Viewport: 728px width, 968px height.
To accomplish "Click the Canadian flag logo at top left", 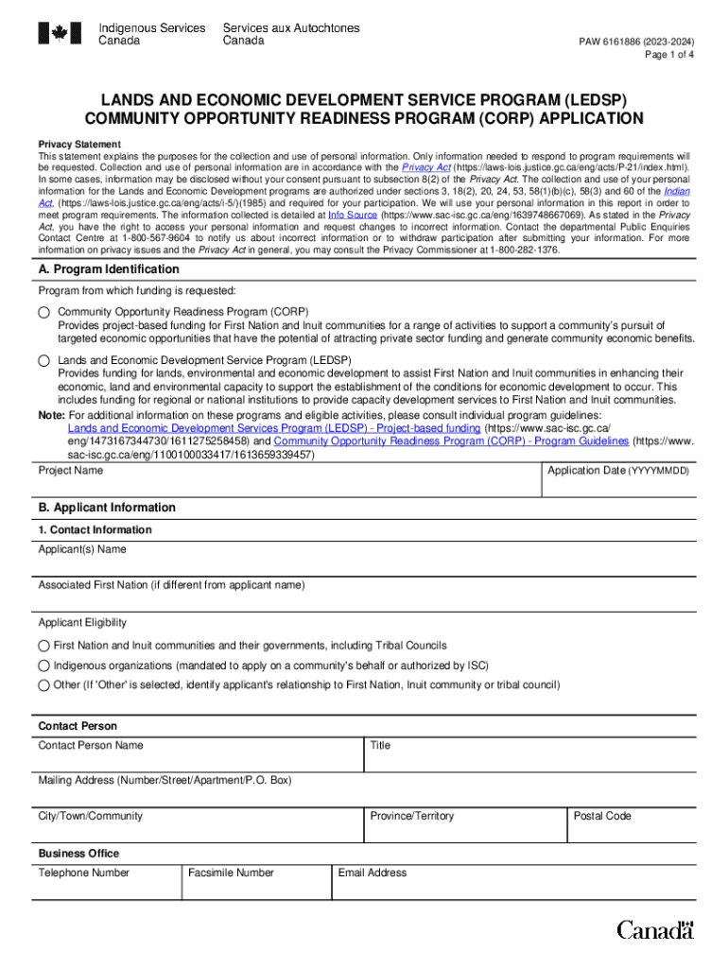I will (x=61, y=34).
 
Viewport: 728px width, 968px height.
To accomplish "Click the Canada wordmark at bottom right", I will (x=655, y=930).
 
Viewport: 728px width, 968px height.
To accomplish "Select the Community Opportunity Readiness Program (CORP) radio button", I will (x=44, y=312).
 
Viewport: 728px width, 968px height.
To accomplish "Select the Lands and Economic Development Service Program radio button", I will (x=44, y=361).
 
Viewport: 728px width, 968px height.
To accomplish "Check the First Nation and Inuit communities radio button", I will (x=43, y=646).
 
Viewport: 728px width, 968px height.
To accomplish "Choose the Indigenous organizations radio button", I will (x=43, y=665).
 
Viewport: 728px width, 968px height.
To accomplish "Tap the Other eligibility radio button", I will (x=43, y=685).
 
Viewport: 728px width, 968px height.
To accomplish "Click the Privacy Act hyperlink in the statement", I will (x=425, y=167).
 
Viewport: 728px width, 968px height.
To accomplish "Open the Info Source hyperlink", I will (x=353, y=215).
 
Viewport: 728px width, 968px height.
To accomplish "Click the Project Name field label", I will (x=71, y=471).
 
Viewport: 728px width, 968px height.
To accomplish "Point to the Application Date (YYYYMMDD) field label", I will (x=618, y=471).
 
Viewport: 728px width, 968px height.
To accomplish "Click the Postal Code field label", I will (x=602, y=816).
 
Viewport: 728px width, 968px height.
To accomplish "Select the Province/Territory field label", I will (x=411, y=816).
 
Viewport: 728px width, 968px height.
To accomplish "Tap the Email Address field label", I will (x=373, y=873).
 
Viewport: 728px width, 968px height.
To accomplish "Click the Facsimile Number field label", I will (x=231, y=873).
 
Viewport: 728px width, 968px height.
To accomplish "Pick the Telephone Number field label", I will (x=83, y=873).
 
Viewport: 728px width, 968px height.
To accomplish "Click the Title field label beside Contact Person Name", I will (x=380, y=745).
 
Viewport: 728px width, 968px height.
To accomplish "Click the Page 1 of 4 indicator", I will (x=669, y=55).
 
